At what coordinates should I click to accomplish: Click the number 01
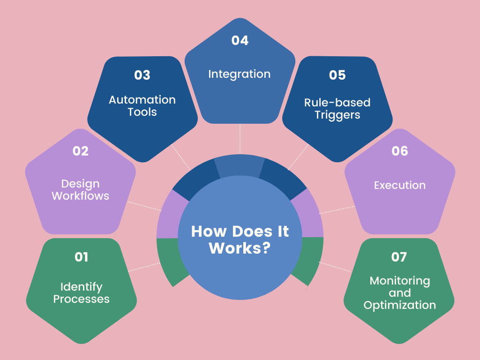(x=82, y=257)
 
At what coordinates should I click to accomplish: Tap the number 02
(x=81, y=151)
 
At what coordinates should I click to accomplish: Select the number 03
(x=142, y=75)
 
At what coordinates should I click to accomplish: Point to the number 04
(x=240, y=40)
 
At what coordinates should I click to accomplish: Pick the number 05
(x=337, y=75)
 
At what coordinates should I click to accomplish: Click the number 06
(x=400, y=151)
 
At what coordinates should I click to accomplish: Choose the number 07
(x=399, y=257)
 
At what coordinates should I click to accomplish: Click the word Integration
(x=240, y=74)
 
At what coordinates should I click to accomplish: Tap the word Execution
(x=400, y=185)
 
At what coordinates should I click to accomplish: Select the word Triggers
(x=337, y=115)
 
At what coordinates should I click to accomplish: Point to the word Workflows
(x=81, y=196)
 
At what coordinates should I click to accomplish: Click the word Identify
(x=81, y=287)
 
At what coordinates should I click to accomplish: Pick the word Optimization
(x=400, y=305)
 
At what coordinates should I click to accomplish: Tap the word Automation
(x=142, y=100)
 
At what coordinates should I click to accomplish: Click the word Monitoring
(x=400, y=281)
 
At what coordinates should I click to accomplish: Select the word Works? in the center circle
(x=240, y=247)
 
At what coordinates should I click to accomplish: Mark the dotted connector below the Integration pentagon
(x=240, y=139)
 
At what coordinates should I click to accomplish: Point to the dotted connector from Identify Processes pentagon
(x=143, y=267)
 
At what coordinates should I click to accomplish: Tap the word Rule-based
(x=337, y=103)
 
